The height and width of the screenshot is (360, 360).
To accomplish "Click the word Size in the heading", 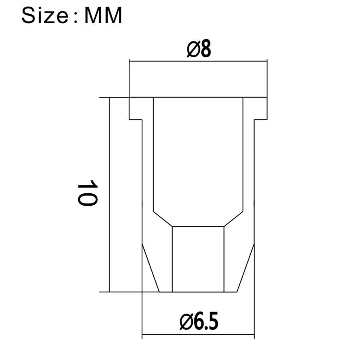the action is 44,15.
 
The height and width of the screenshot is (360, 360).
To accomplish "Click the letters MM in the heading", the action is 103,15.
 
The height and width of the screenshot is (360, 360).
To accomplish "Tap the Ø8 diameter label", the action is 199,49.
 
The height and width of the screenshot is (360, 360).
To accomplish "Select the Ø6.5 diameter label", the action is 199,321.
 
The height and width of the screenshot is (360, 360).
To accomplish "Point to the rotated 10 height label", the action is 88,193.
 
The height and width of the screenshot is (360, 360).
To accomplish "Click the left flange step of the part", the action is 136,120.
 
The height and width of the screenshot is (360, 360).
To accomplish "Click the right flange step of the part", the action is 261,120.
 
